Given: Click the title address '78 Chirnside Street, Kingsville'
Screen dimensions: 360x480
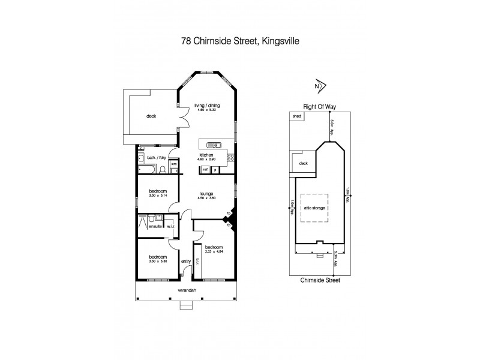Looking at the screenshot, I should pyautogui.click(x=241, y=41).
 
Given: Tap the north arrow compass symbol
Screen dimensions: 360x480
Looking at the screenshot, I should pyautogui.click(x=319, y=86).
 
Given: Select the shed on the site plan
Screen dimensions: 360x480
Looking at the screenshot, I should pyautogui.click(x=296, y=116).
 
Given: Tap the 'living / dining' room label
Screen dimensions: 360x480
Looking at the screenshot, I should pyautogui.click(x=206, y=106).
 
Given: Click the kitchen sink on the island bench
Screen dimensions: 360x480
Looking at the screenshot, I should pyautogui.click(x=213, y=145).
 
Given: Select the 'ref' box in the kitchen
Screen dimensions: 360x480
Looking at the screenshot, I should pyautogui.click(x=205, y=170).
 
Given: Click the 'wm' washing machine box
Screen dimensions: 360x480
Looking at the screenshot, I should pyautogui.click(x=173, y=164).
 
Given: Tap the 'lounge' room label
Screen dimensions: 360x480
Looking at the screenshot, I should pyautogui.click(x=206, y=193).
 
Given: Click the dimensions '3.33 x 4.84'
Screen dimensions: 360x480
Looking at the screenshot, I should pyautogui.click(x=214, y=252).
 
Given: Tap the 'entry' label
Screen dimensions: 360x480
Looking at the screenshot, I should pyautogui.click(x=185, y=261).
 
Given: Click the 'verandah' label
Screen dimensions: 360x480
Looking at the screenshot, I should pyautogui.click(x=187, y=290).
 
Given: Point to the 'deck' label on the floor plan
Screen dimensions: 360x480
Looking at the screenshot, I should pyautogui.click(x=151, y=116).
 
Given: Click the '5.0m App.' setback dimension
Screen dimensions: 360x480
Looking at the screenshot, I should pyautogui.click(x=332, y=127).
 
